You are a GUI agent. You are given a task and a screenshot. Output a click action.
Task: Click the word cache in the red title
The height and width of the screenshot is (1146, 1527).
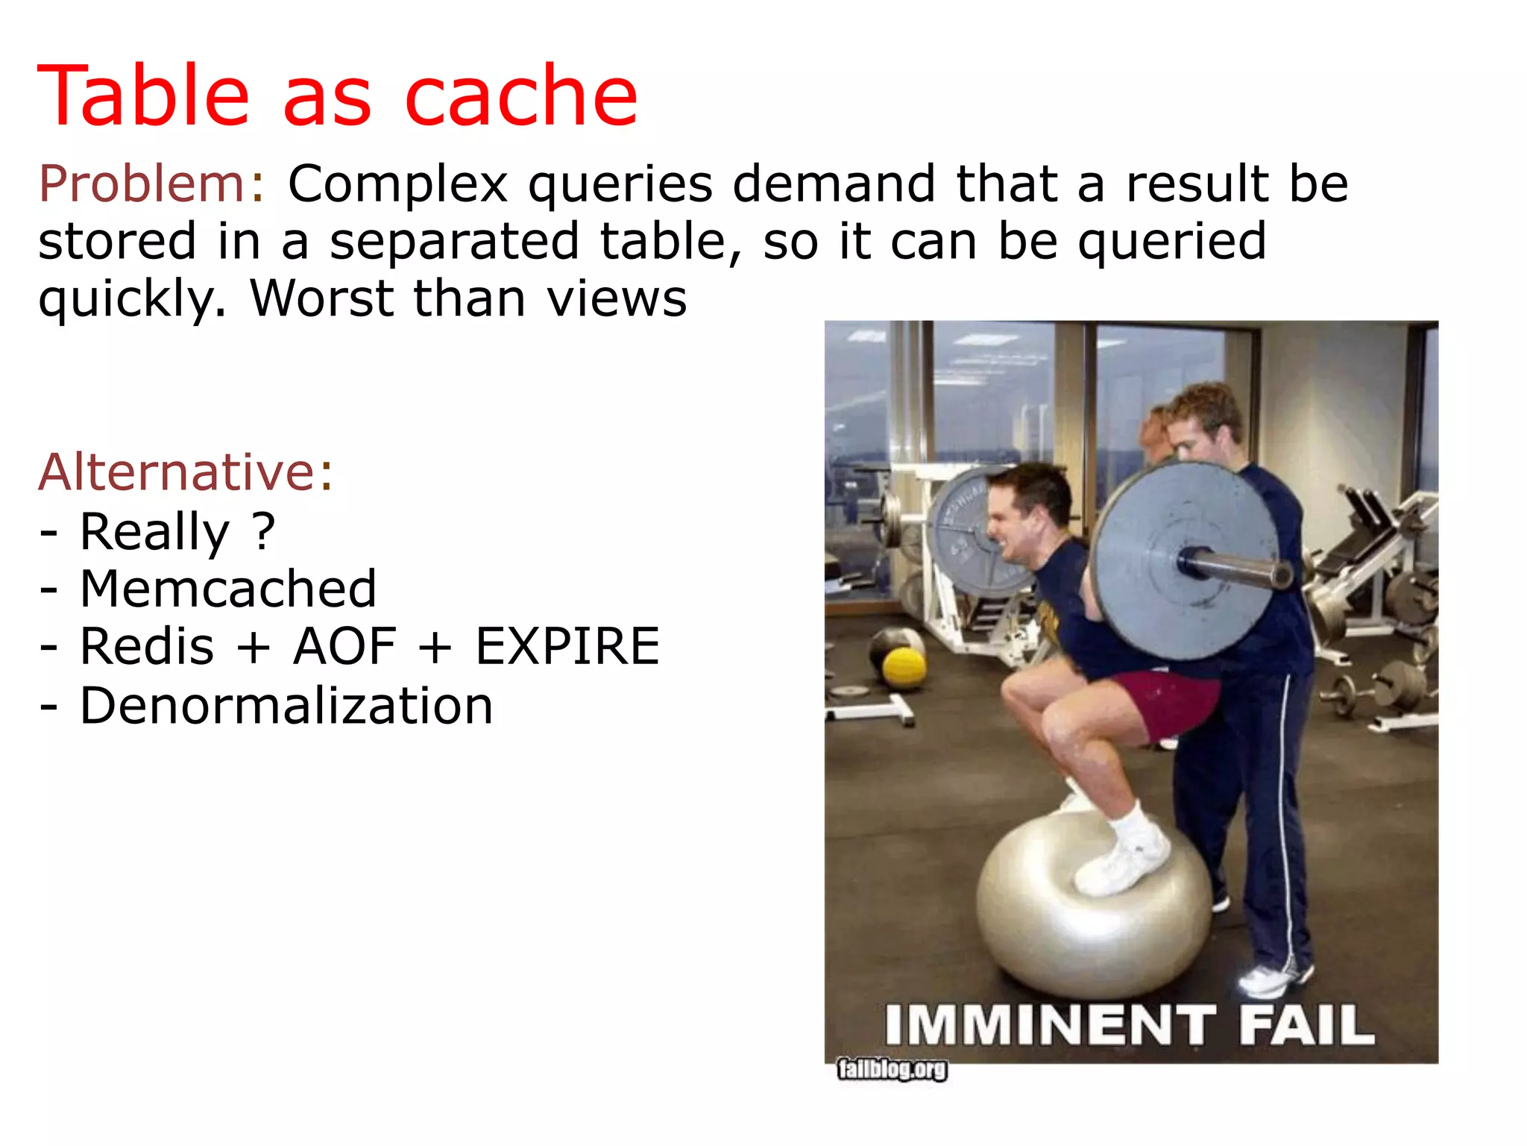click(x=520, y=97)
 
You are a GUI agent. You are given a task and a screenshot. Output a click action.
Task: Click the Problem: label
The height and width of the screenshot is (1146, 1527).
click(x=151, y=184)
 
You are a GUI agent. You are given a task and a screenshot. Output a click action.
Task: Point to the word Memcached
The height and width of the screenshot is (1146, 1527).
click(x=228, y=589)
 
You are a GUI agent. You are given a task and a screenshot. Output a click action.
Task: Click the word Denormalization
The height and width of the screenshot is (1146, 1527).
click(x=286, y=706)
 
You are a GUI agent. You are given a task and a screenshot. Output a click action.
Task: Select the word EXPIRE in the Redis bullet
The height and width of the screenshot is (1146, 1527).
click(x=567, y=647)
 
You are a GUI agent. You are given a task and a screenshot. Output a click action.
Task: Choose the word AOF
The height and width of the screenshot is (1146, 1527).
click(x=344, y=647)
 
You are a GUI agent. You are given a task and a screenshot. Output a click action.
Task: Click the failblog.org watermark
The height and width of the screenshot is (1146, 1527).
click(x=892, y=1069)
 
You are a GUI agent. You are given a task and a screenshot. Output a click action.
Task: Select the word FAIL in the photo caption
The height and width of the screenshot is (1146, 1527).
click(x=1306, y=1025)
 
